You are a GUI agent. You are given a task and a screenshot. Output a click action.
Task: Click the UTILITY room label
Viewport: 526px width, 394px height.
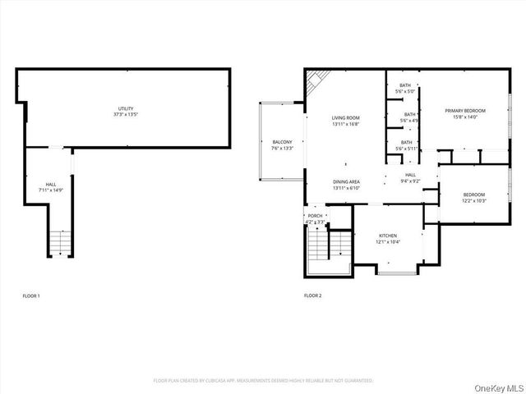[x=126, y=109]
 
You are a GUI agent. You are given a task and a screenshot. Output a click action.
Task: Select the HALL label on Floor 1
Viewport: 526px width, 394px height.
[x=51, y=184]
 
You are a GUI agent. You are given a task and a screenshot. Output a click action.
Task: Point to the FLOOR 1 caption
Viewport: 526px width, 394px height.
[x=30, y=295]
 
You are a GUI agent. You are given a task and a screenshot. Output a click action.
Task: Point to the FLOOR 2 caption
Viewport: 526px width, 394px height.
[x=312, y=295]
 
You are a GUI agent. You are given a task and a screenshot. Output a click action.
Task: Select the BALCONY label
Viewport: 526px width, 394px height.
[x=282, y=142]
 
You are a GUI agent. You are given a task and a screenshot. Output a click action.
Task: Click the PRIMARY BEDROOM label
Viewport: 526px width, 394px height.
[x=465, y=110]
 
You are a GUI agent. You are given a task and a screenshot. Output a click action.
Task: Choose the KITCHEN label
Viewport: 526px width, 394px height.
[x=388, y=235]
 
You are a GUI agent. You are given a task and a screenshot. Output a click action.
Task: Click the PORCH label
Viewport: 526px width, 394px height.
[x=315, y=216]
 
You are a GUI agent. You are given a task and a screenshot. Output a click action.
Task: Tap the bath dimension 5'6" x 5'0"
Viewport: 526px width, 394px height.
[x=406, y=92]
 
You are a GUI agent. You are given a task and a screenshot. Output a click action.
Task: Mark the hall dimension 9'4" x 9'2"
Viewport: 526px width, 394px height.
[x=410, y=181]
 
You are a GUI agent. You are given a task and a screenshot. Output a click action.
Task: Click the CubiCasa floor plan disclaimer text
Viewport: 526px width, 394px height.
[x=264, y=381]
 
